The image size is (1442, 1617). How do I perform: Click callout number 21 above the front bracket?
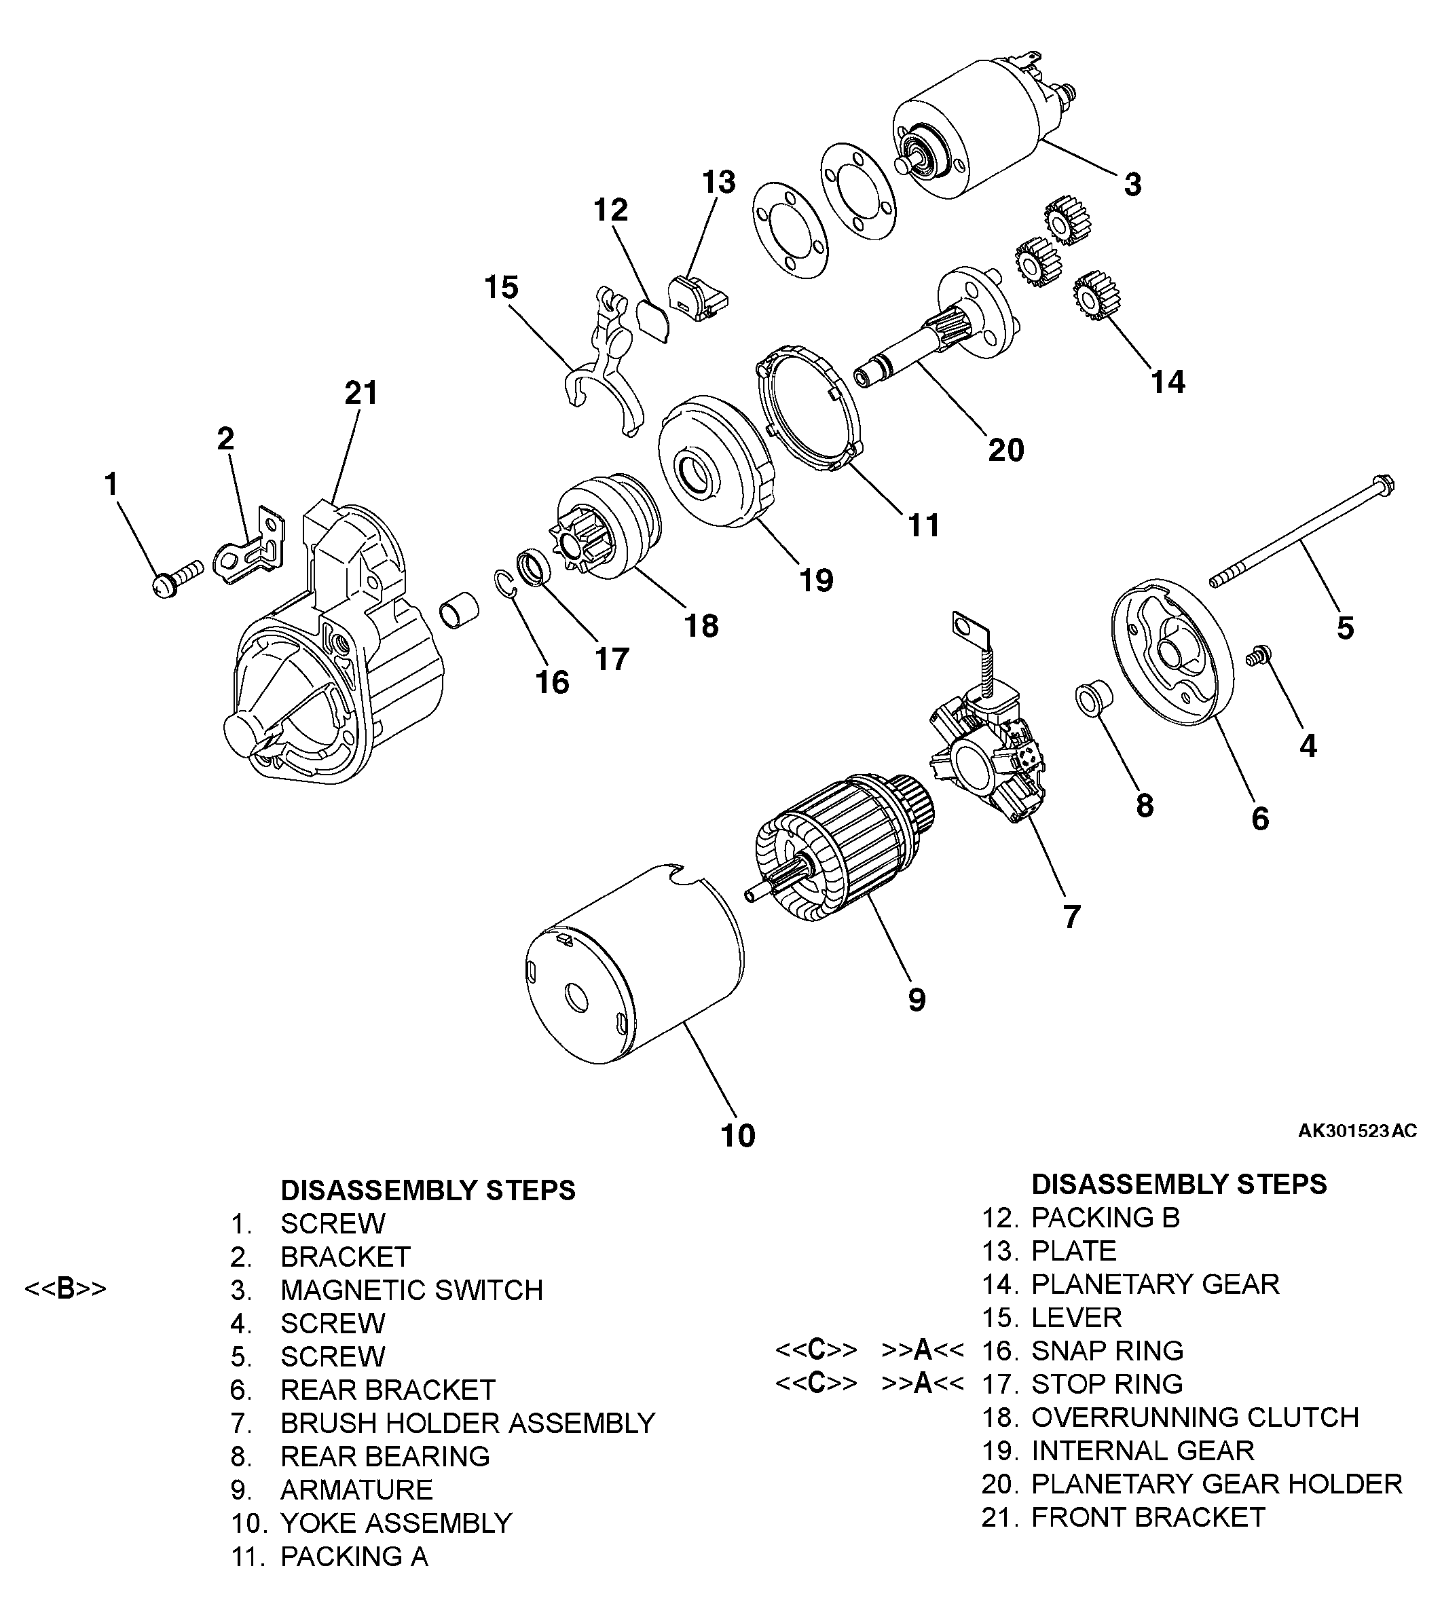coord(361,393)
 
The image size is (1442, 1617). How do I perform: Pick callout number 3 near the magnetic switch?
coord(1133,185)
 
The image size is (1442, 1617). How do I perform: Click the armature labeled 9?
coord(840,848)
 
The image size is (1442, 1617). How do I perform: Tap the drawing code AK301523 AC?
coord(1356,1130)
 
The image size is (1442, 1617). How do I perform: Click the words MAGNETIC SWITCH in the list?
coord(411,1290)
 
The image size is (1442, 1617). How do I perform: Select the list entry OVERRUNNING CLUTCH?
coord(1195,1417)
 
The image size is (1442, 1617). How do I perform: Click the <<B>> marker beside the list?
coord(65,1289)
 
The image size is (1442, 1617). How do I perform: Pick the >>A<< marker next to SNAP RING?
coord(922,1350)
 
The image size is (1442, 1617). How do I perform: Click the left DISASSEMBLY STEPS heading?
coord(428,1190)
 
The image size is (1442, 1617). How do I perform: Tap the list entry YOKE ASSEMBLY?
coord(396,1523)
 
